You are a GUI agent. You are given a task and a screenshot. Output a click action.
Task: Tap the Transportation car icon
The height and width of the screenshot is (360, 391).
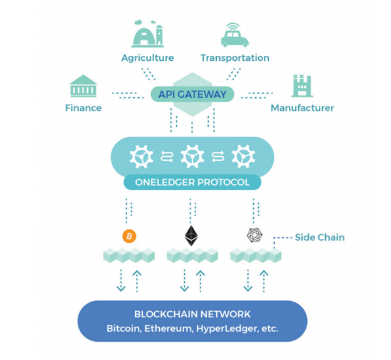click(x=235, y=36)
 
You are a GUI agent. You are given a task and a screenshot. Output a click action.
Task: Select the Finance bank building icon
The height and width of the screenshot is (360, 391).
click(x=83, y=87)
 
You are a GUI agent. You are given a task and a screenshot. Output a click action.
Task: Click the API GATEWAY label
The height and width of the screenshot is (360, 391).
click(x=192, y=95)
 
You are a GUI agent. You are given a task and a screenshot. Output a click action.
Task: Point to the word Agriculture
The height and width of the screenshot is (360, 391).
click(x=147, y=58)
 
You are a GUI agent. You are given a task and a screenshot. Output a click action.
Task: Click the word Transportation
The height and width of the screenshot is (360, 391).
click(x=235, y=58)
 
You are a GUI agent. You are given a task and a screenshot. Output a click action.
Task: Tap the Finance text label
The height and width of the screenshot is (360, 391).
click(x=83, y=108)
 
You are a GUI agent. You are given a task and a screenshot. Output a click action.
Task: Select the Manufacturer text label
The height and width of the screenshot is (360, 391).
click(x=302, y=108)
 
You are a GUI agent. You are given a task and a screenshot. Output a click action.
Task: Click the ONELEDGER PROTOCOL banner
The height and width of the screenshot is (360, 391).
click(x=192, y=183)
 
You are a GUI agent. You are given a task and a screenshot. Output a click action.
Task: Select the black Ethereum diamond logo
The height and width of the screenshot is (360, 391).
click(x=191, y=235)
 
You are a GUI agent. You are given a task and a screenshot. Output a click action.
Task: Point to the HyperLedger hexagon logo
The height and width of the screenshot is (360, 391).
click(x=255, y=235)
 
